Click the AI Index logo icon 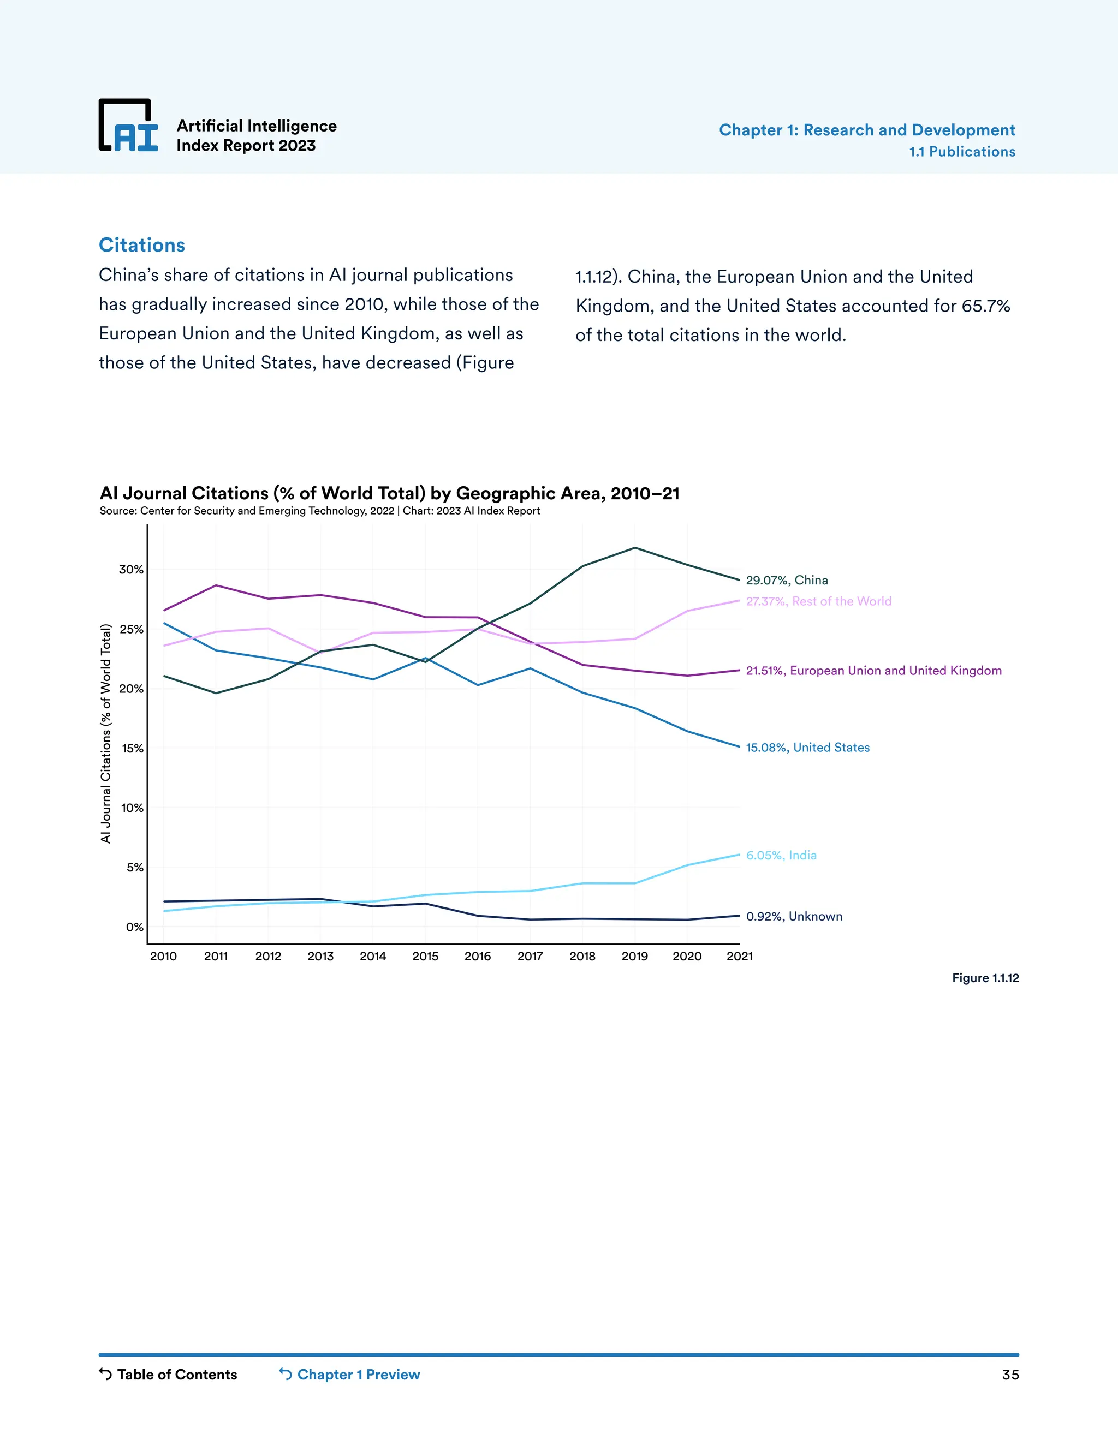point(128,126)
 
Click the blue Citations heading point(142,245)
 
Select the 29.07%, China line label point(786,581)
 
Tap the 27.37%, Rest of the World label point(818,601)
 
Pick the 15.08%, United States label point(807,748)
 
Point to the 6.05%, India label point(781,856)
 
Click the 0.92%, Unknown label point(793,916)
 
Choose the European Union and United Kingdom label point(873,671)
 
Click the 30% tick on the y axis point(131,569)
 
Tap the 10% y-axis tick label point(132,808)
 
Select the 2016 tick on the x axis point(478,956)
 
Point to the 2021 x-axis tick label point(739,956)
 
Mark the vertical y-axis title point(105,733)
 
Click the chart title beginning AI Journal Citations point(389,493)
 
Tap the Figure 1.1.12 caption point(985,978)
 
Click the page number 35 point(1009,1375)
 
